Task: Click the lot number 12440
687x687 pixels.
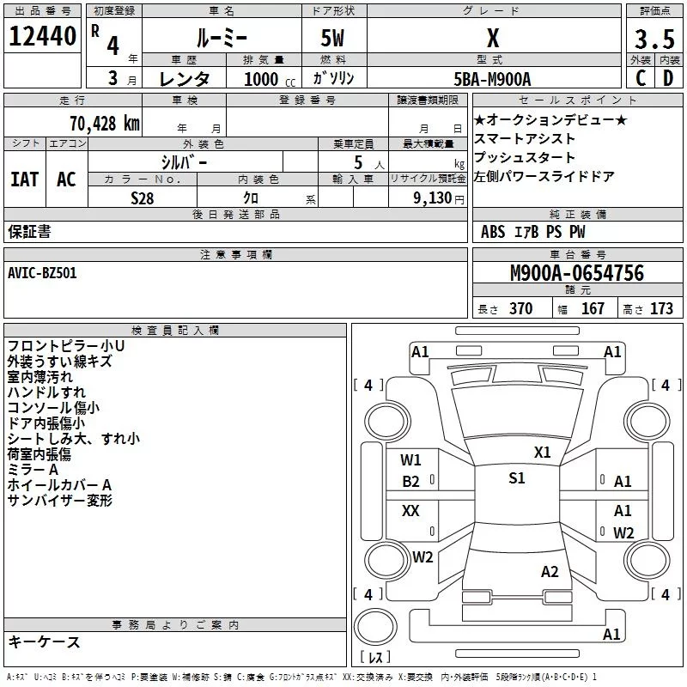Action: (x=42, y=36)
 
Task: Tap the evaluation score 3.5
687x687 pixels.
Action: (x=654, y=40)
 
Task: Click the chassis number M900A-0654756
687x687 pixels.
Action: (x=576, y=274)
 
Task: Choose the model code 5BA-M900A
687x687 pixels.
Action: (x=492, y=79)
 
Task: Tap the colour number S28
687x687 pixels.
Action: (x=143, y=198)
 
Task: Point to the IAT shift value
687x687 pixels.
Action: (x=24, y=179)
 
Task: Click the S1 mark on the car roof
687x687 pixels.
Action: (x=516, y=478)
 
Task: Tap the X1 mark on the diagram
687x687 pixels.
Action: (x=542, y=453)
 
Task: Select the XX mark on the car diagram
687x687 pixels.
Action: (x=410, y=511)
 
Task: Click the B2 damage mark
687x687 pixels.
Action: (x=411, y=482)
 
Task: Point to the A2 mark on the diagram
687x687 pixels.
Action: (x=550, y=572)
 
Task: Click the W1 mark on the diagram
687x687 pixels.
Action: (x=411, y=459)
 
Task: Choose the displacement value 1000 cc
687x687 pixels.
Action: (x=264, y=79)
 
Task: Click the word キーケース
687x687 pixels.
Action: (x=44, y=642)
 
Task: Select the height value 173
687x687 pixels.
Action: (x=661, y=309)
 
